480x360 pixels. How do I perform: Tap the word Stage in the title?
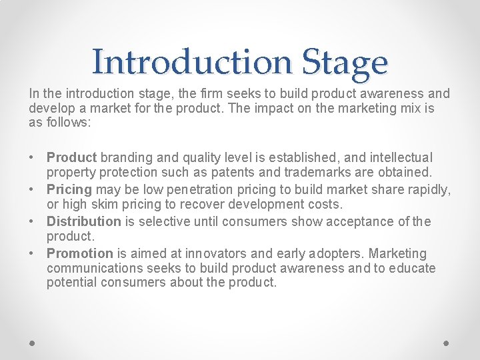[344, 63]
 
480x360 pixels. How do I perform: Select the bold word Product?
[71, 158]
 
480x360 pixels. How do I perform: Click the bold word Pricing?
[69, 190]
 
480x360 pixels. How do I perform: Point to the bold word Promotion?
[80, 254]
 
